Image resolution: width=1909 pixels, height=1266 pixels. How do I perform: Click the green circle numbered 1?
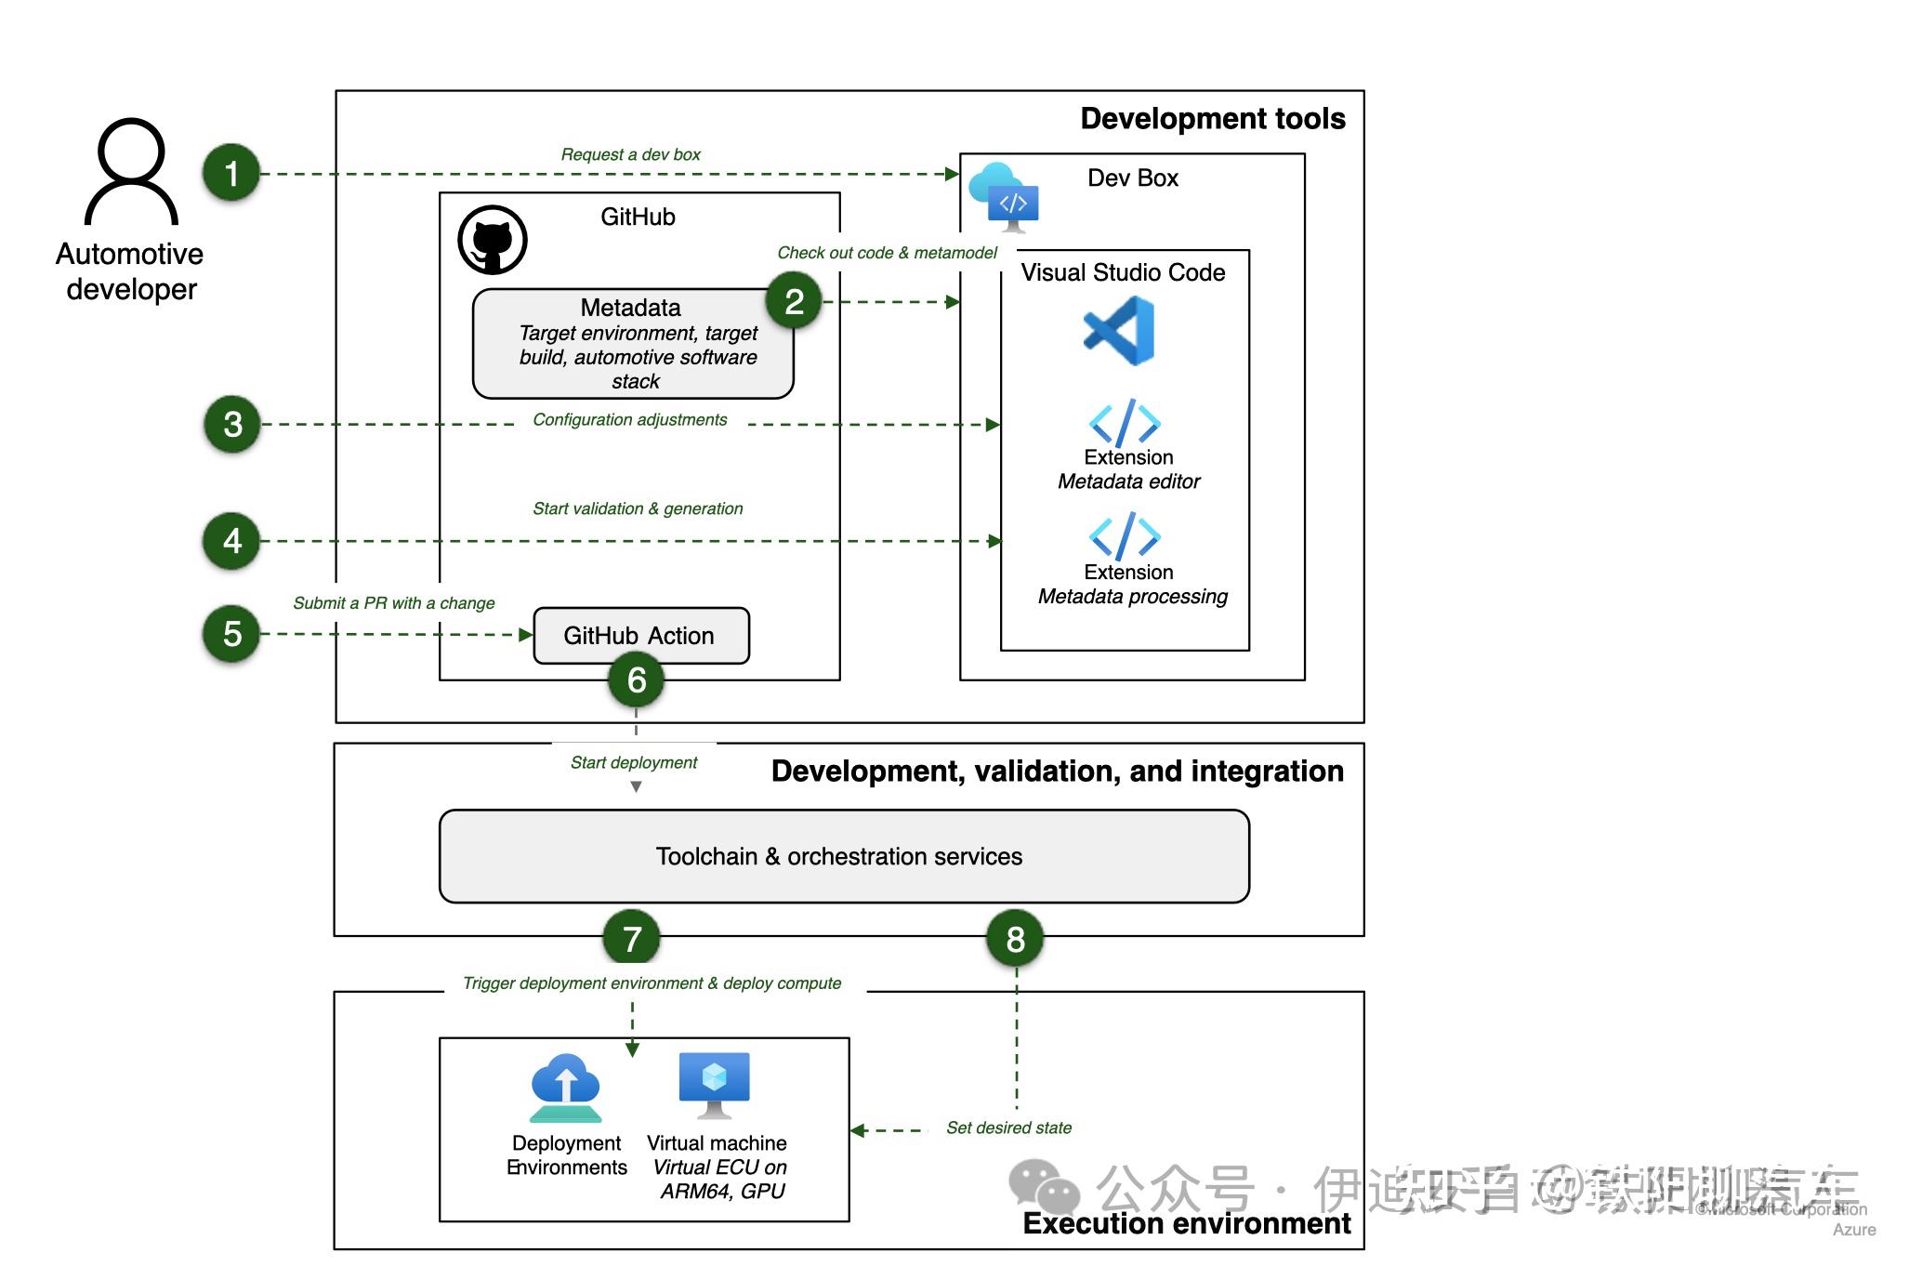point(231,173)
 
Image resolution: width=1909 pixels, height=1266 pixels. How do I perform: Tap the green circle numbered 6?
point(636,679)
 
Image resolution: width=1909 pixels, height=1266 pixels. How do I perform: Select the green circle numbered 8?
point(1015,939)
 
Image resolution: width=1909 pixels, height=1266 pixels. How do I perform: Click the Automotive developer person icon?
point(131,172)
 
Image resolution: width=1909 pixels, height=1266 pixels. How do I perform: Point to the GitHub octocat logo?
point(493,240)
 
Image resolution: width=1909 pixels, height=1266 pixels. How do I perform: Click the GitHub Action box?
point(641,636)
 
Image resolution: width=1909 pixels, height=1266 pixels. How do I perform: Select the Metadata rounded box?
point(632,344)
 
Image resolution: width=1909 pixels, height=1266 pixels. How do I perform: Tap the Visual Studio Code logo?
point(1120,331)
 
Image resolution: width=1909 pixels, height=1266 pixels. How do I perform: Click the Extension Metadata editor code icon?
point(1125,423)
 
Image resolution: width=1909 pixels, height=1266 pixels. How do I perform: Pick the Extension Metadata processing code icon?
point(1125,536)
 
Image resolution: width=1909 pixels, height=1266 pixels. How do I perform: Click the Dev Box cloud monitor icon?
point(1005,196)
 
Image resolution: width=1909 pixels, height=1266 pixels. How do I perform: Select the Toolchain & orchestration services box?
point(843,856)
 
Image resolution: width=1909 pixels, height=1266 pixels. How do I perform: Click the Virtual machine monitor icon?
point(714,1084)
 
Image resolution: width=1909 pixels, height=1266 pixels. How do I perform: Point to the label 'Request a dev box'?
point(630,154)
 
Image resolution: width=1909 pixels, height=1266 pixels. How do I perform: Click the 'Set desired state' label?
point(1008,1128)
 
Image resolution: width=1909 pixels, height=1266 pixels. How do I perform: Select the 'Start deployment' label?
point(633,762)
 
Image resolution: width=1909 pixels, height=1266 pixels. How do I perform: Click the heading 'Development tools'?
point(1212,119)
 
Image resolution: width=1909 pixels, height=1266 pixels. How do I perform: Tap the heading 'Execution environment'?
point(1186,1223)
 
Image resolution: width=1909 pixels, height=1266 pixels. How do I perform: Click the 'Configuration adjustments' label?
point(629,419)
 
